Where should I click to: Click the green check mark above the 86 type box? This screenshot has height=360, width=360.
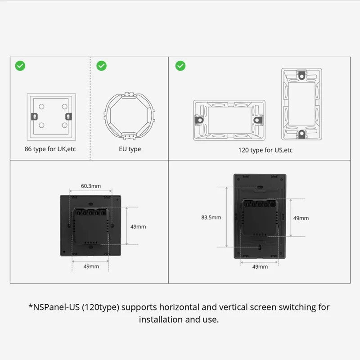20,66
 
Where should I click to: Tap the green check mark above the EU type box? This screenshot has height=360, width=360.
102,66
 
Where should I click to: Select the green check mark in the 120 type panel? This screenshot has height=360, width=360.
180,66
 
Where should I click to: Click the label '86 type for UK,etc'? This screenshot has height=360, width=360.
50,149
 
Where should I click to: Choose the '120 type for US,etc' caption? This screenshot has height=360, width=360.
265,150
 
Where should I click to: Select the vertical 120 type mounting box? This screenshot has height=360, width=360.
301,104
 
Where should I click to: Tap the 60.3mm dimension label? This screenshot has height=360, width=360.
91,185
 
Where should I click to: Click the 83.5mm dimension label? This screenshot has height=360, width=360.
211,217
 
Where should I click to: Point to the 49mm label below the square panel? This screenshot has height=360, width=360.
91,266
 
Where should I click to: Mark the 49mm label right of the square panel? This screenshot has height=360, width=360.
138,227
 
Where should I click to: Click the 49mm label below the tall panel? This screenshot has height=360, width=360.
260,266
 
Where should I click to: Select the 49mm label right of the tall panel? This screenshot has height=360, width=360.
301,218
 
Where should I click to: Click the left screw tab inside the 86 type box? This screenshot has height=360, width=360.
34,117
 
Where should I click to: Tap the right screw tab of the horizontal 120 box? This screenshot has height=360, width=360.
257,121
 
